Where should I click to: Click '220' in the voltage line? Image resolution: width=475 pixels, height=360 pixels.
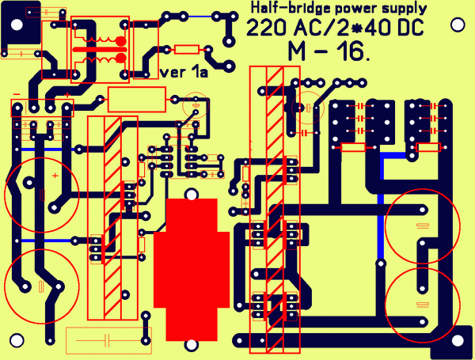pyautogui.click(x=264, y=29)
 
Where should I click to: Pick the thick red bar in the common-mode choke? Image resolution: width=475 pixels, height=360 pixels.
pyautogui.click(x=99, y=50)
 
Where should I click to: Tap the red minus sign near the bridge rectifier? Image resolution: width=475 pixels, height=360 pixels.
pyautogui.click(x=16, y=96)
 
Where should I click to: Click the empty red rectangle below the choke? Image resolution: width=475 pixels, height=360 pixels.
pyautogui.click(x=136, y=100)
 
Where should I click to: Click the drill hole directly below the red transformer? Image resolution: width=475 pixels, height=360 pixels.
pyautogui.click(x=191, y=345)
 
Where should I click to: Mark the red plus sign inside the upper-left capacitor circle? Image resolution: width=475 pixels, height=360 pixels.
pyautogui.click(x=54, y=174)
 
